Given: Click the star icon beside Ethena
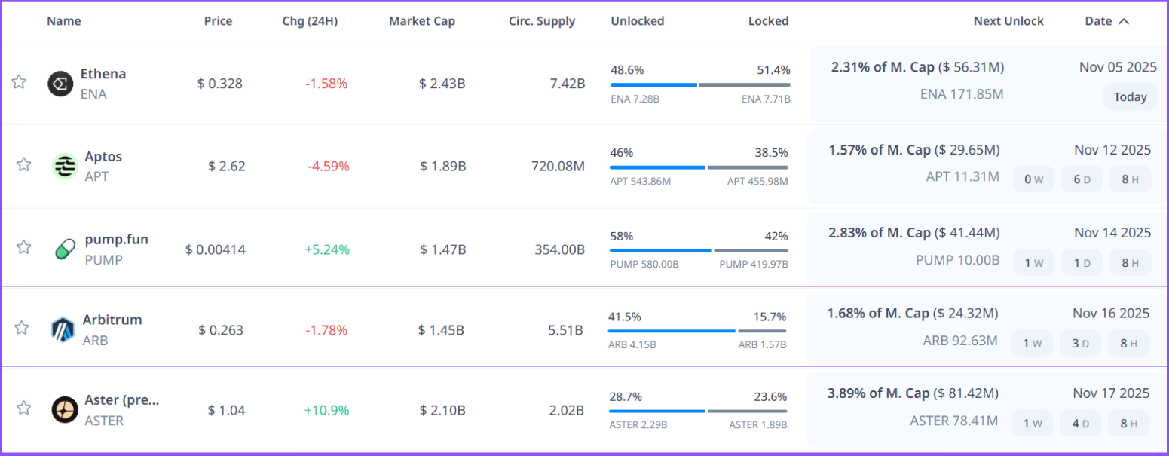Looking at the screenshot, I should pos(19,82).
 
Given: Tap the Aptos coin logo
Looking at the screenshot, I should pos(65,166).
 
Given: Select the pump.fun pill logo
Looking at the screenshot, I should pos(65,249).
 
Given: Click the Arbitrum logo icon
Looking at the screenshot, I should pos(63,329).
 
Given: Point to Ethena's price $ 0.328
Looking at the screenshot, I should pos(220,84).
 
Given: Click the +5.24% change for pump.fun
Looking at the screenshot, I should pos(326,249).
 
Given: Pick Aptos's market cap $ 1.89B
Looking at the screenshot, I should pos(442,167).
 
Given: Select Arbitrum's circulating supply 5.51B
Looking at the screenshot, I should pos(569,330).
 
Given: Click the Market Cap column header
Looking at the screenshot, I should pos(422,21).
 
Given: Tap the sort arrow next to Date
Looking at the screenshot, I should pos(1124,21).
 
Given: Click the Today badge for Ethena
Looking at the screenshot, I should pos(1130,97).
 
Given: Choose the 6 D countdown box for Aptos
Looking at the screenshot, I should pos(1082,179).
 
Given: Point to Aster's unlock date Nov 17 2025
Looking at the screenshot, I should pos(1112,393).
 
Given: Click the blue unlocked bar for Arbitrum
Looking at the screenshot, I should pos(671,331).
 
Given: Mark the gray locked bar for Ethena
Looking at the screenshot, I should pos(744,85).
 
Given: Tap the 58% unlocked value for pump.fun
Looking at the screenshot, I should pos(622,237).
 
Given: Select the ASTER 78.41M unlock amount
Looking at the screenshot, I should pos(953,421).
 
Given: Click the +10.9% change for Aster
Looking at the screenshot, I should pos(326,411).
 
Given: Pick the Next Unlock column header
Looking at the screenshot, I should pos(1008,21).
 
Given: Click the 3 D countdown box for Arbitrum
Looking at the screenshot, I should pos(1080,344).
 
